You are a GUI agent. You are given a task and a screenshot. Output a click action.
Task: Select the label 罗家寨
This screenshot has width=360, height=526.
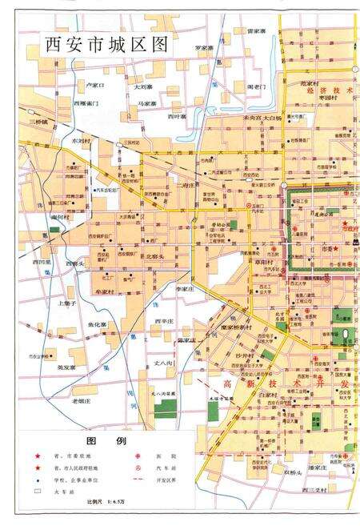click(206, 48)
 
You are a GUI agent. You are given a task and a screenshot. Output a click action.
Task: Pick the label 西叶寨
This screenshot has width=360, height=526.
click(178, 116)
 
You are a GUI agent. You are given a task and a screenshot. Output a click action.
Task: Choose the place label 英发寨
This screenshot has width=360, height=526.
click(66, 367)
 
